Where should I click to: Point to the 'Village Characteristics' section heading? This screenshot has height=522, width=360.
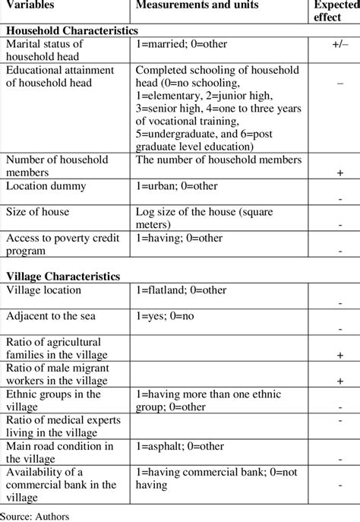(65, 276)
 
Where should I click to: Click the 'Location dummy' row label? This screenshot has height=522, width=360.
(46, 185)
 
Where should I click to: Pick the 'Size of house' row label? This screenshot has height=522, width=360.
(39, 212)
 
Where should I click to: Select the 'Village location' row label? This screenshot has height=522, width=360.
(46, 290)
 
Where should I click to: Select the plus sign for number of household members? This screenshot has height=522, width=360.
(339, 173)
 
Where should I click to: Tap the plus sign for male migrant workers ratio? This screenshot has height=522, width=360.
(339, 380)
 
